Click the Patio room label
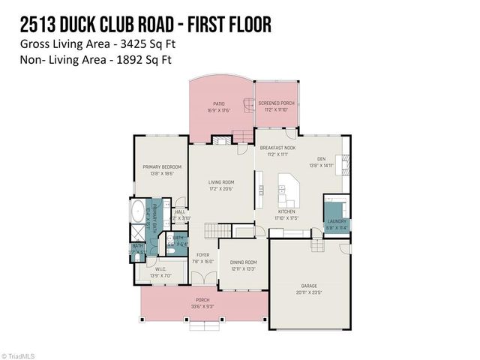click(218, 104)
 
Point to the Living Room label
click(221, 182)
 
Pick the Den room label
click(321, 159)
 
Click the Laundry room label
click(335, 221)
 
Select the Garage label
click(308, 287)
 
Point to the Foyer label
click(203, 256)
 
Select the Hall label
click(180, 212)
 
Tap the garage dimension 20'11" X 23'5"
click(308, 293)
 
